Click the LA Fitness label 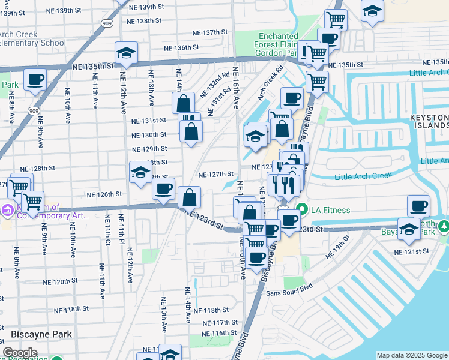(x=330, y=209)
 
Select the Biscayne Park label (x=41, y=334)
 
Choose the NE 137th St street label (x=210, y=32)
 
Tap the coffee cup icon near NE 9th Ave (x=35, y=79)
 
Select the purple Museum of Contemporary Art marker (x=7, y=210)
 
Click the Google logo (x=20, y=353)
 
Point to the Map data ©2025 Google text (x=412, y=355)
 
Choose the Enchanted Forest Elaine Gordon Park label (x=278, y=45)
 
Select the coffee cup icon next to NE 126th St (x=163, y=189)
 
